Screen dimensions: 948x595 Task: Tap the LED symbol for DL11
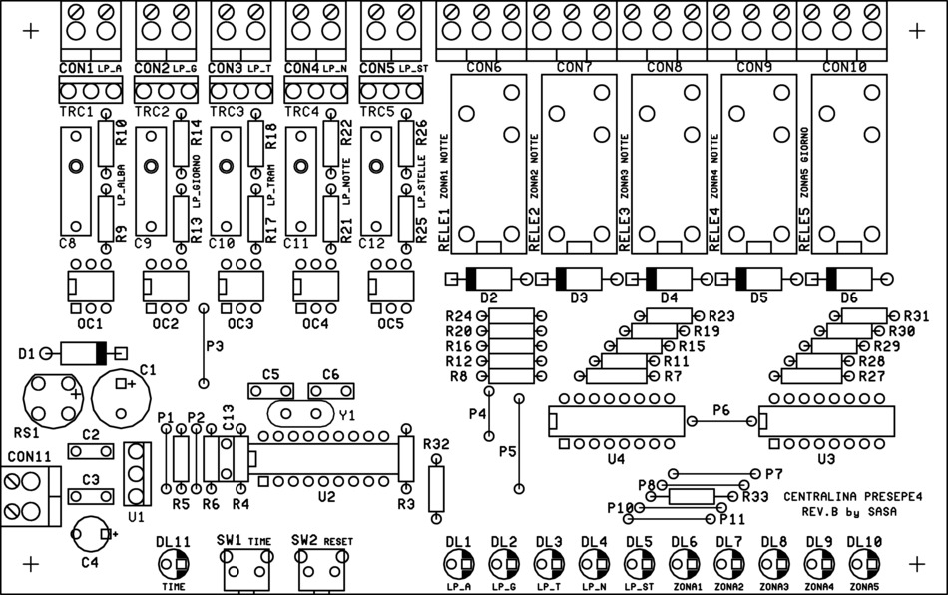point(174,564)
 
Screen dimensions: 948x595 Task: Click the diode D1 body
point(84,353)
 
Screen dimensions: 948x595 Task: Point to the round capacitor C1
point(121,399)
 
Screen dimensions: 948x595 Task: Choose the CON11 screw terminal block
point(30,496)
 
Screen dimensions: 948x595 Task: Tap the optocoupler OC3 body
point(240,286)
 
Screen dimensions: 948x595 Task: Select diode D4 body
point(669,279)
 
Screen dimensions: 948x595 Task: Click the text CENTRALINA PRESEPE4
point(853,497)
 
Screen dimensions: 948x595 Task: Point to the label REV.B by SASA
point(849,512)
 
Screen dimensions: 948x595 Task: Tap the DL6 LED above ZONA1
point(684,565)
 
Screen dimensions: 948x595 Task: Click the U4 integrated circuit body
point(616,421)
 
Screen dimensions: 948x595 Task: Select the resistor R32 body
point(436,489)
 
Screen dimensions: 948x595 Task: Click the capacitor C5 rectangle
point(270,391)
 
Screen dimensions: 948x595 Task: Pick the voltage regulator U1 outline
point(138,474)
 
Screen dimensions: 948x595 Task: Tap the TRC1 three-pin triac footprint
point(91,91)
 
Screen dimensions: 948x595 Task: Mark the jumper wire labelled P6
point(721,421)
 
